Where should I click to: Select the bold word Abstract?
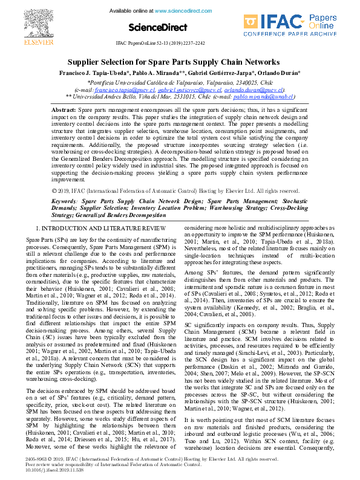(x=64, y=109)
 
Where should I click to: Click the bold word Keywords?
(x=65, y=199)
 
